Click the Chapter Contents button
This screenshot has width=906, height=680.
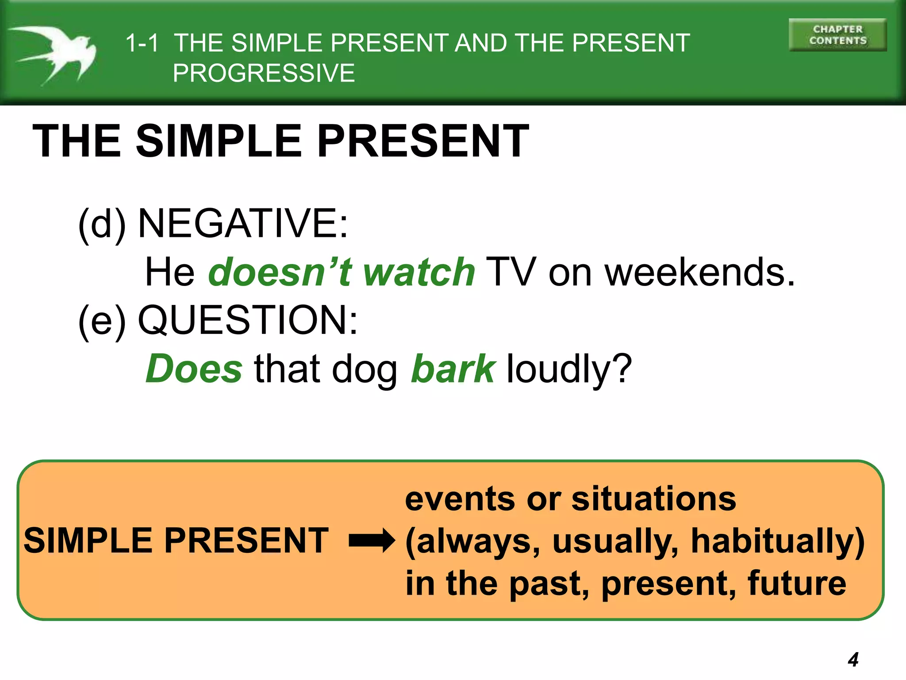pos(837,35)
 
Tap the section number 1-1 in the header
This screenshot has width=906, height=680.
pos(142,43)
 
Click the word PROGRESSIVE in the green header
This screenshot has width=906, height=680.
pos(264,73)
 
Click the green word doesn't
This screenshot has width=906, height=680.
pos(280,272)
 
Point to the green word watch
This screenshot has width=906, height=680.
pos(418,272)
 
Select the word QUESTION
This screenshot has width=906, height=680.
pos(248,320)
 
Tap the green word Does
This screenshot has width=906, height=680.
pos(194,369)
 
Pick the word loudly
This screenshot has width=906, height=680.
pos(568,369)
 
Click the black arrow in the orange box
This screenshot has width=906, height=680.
pos(371,541)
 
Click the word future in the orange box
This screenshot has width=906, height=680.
pos(797,583)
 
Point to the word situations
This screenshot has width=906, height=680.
pos(653,499)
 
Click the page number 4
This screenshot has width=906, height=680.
pos(853,660)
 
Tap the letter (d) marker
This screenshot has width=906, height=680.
pos(102,224)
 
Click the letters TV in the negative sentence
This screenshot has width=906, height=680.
pos(511,272)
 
